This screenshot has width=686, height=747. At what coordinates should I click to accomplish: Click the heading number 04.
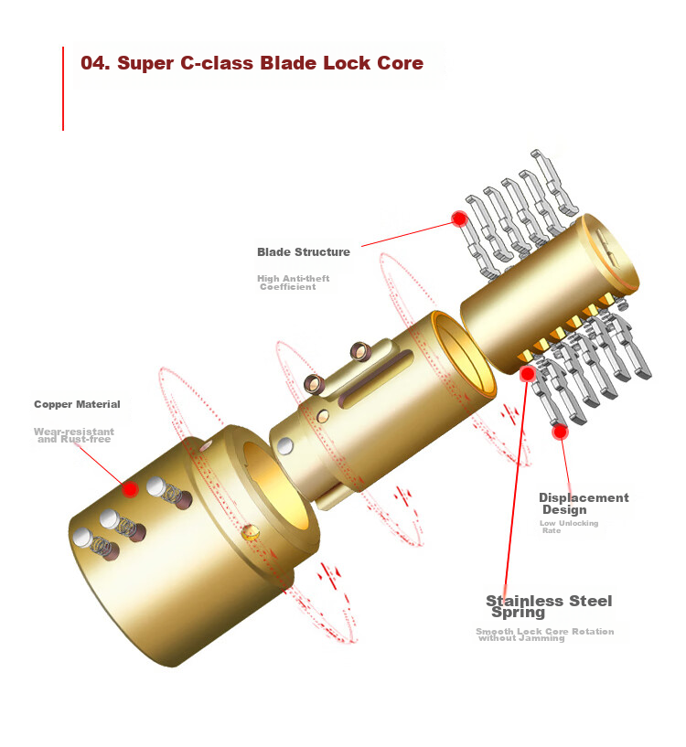coord(95,63)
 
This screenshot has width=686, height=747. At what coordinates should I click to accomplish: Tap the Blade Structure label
coord(303,251)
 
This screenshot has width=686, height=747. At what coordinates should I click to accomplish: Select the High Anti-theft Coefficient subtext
coord(294,282)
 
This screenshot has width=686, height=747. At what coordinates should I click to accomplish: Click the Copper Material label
coord(77,404)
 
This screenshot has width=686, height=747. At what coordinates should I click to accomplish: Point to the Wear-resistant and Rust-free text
coord(74,435)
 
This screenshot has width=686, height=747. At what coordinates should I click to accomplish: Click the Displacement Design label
coord(584,504)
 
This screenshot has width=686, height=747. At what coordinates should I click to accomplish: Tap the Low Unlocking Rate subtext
coord(569,527)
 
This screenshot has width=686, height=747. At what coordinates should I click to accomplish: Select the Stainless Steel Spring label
coord(549,606)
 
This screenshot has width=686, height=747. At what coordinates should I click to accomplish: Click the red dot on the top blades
coord(459,219)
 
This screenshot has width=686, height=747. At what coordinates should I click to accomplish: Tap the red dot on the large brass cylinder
coord(130,489)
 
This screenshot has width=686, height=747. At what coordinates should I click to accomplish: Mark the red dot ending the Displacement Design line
coord(560,432)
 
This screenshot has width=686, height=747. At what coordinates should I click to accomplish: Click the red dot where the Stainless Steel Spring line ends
coord(528,373)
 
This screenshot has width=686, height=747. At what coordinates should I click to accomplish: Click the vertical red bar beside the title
coord(63,89)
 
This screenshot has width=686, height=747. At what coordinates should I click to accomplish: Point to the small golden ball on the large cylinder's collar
coord(251,531)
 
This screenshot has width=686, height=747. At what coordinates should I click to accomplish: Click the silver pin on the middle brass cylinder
coord(285,446)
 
